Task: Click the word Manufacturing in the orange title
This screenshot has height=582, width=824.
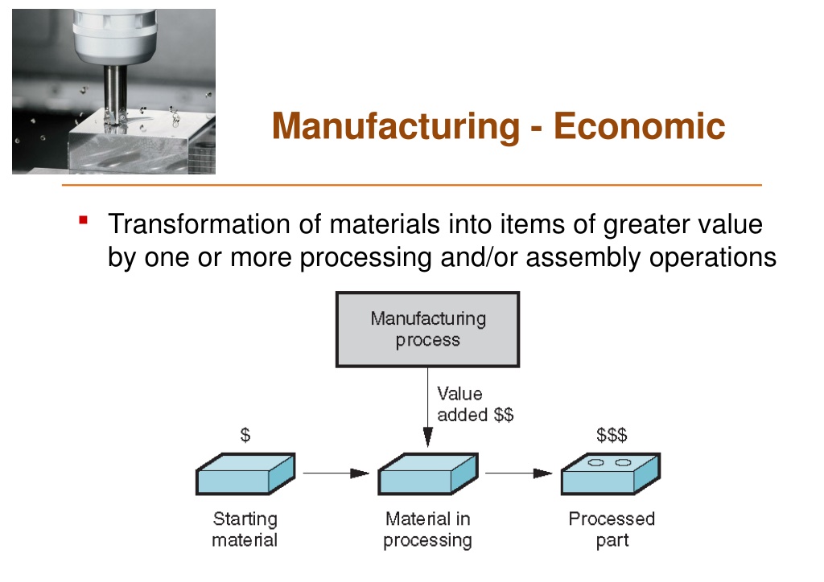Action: (x=396, y=126)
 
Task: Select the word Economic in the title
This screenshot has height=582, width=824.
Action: (x=639, y=126)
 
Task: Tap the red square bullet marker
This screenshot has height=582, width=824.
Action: (x=83, y=220)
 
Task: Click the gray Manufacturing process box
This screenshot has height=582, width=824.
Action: (x=428, y=330)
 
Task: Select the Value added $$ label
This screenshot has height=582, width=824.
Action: (x=475, y=404)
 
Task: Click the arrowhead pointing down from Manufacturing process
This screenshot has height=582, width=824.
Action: (x=428, y=437)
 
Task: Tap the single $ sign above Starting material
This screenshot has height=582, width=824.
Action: (x=245, y=435)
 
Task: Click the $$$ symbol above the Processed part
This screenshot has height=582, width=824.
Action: (x=612, y=435)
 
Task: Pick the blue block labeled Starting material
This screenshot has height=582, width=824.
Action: (x=245, y=474)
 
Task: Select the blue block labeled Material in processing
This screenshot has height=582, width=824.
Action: (x=428, y=474)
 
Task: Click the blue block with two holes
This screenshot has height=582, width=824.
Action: (x=611, y=474)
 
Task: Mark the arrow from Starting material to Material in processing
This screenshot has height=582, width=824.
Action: (x=336, y=473)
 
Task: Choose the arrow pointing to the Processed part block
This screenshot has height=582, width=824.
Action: (x=519, y=473)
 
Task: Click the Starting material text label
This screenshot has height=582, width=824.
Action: (x=245, y=530)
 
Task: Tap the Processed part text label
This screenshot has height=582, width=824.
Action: (x=612, y=530)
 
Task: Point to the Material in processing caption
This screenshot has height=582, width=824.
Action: (x=428, y=530)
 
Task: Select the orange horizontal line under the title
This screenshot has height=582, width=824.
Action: (x=412, y=185)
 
